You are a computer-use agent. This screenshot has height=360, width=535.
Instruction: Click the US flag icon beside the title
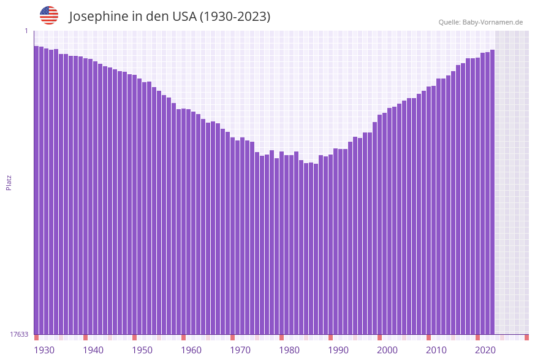pyautogui.click(x=49, y=15)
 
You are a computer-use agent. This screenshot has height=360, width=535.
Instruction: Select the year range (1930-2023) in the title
pyautogui.click(x=235, y=17)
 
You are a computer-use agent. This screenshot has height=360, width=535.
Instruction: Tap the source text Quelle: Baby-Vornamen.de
pyautogui.click(x=480, y=22)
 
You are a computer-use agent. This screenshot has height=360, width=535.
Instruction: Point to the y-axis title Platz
pyautogui.click(x=9, y=182)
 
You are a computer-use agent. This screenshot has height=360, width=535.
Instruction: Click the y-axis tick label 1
pyautogui.click(x=26, y=31)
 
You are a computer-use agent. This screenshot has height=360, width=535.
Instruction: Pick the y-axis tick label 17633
pyautogui.click(x=19, y=334)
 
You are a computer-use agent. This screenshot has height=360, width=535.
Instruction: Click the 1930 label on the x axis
pyautogui.click(x=44, y=350)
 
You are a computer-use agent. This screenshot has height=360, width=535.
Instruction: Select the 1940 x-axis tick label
pyautogui.click(x=93, y=350)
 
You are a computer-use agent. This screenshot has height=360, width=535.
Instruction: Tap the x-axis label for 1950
pyautogui.click(x=142, y=350)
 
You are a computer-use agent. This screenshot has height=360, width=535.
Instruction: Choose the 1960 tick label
pyautogui.click(x=191, y=350)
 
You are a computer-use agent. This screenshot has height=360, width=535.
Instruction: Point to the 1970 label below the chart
pyautogui.click(x=240, y=350)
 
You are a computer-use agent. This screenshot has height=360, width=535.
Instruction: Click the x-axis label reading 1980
pyautogui.click(x=289, y=350)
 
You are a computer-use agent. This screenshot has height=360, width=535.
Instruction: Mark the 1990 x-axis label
pyautogui.click(x=338, y=350)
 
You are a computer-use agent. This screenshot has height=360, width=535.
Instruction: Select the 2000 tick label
pyautogui.click(x=387, y=350)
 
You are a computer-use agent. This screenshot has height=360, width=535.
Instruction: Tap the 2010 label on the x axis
pyautogui.click(x=436, y=350)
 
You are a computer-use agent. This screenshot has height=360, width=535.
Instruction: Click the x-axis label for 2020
pyautogui.click(x=485, y=350)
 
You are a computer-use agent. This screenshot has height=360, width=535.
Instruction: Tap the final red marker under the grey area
pyautogui.click(x=526, y=337)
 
